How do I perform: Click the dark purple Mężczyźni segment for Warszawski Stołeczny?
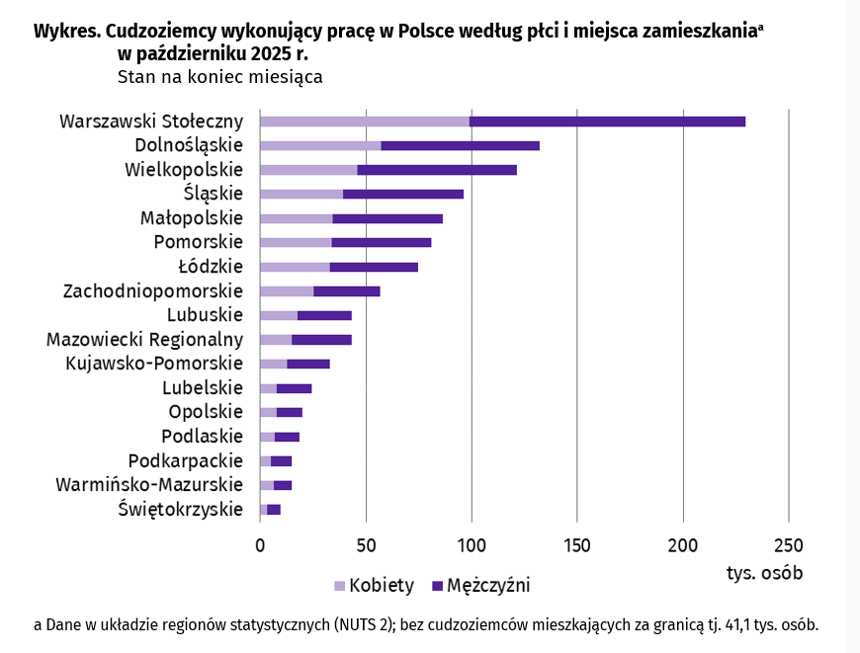pos(607,122)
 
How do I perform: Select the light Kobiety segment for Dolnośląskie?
pos(320,145)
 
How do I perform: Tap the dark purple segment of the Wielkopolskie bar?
pos(437,170)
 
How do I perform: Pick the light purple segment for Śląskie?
pos(301,194)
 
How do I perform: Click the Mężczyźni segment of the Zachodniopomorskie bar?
pos(347,290)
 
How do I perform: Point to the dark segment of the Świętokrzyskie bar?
pos(274,509)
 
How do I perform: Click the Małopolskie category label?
pos(192,217)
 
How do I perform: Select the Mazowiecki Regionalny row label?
pos(144,339)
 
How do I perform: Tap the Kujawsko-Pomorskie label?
pos(154,363)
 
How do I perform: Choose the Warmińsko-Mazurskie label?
pos(149,484)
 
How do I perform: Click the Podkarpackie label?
pos(186,460)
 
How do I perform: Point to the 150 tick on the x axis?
pos(577,545)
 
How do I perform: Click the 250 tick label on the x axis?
pos(788,545)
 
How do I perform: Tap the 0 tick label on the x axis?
pos(260,545)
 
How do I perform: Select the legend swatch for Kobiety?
pos(339,586)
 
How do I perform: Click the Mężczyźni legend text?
pos(488,586)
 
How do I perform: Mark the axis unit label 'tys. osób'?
pos(764,573)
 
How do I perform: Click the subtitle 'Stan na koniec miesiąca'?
pos(219,76)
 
